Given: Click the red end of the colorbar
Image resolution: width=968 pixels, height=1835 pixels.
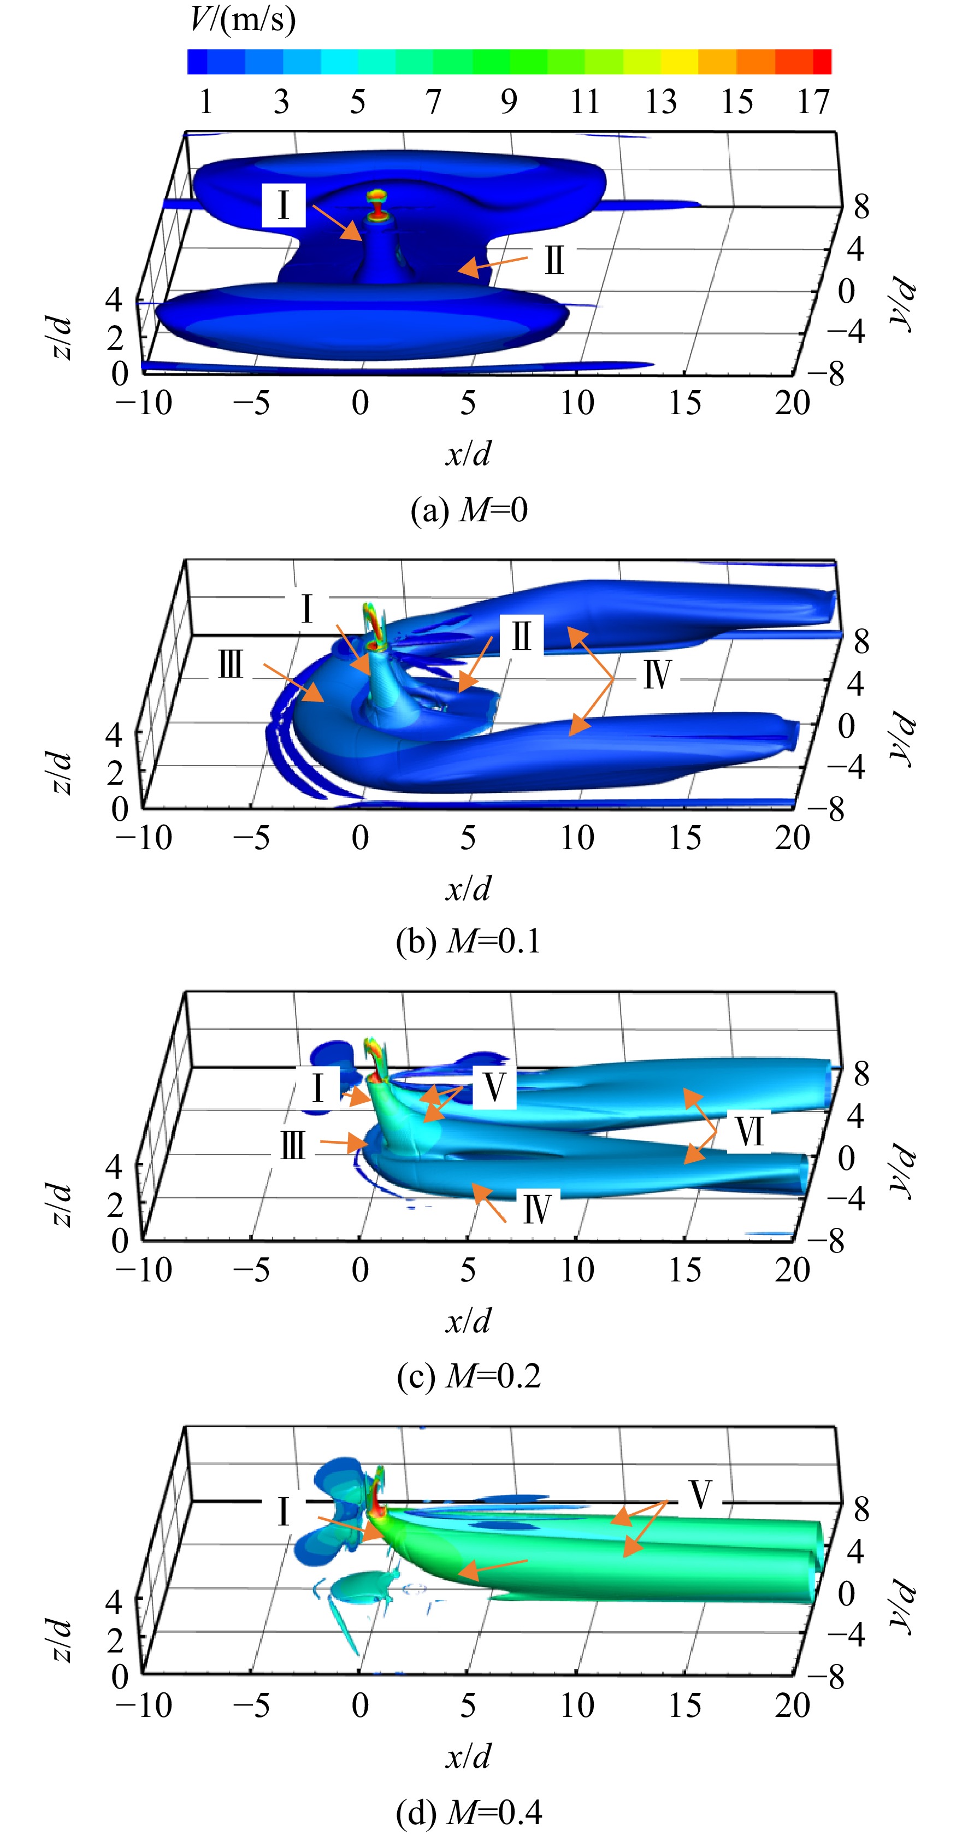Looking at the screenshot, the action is click(x=822, y=62).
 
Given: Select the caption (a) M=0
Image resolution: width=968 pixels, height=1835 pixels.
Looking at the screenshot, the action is click(x=469, y=510).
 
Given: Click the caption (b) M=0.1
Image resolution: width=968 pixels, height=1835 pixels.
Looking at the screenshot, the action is click(x=469, y=942).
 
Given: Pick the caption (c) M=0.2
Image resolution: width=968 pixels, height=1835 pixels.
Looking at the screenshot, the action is click(x=469, y=1375).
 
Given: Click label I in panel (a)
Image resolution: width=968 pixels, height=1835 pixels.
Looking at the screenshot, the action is click(x=284, y=205).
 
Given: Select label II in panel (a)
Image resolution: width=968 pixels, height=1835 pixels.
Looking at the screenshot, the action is click(x=554, y=261).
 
